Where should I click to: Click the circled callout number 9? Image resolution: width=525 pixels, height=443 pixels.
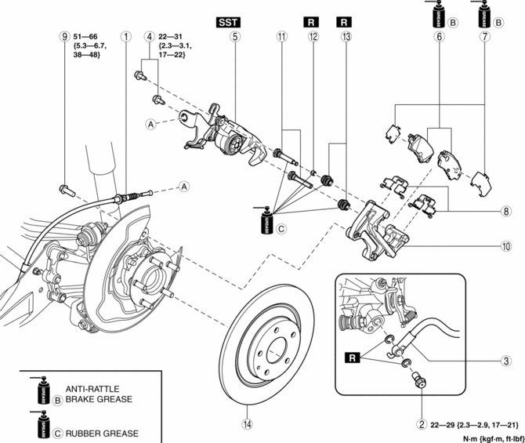tap(63, 35)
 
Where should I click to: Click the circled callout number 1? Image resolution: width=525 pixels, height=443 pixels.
tap(125, 35)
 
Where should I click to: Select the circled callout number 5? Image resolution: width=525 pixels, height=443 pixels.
tap(234, 35)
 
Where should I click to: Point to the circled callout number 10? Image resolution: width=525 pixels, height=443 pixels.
tap(507, 245)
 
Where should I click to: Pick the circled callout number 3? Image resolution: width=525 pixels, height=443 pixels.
tap(507, 361)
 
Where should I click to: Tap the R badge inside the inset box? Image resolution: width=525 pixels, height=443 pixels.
tap(353, 358)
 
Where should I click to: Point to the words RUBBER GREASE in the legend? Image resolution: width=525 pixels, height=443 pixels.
tap(103, 433)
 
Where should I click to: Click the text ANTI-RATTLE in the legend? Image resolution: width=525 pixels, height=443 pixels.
tap(92, 387)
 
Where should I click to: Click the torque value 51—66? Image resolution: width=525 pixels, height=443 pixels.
tap(85, 35)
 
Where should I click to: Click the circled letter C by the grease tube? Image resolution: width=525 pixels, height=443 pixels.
tap(283, 227)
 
